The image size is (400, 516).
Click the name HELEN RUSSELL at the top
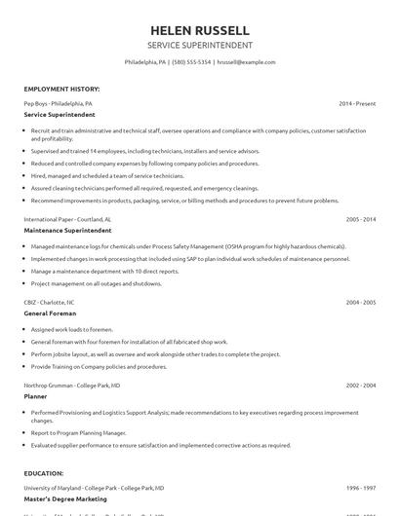coord(199,30)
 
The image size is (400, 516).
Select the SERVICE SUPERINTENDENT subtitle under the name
coord(199,46)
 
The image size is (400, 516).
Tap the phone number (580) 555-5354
coord(192,61)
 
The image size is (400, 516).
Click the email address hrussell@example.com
coord(246,61)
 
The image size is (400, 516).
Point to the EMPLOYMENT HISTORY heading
coord(61,89)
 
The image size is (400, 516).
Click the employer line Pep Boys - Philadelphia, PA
coord(59,102)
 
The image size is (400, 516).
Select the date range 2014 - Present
coord(357,102)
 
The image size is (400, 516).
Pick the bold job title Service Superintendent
coord(60,114)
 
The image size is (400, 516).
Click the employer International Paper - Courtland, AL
coord(67,220)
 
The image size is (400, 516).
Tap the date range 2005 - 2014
coord(360,220)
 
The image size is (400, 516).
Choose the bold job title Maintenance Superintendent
coord(67,231)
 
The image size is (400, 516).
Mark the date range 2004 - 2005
coord(360,303)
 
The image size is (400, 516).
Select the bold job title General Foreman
coord(51,313)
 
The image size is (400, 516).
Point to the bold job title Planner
coord(37,396)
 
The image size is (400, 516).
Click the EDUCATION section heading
coord(45,473)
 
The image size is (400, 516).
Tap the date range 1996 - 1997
coord(360,487)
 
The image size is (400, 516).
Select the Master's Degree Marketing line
coord(65,498)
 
